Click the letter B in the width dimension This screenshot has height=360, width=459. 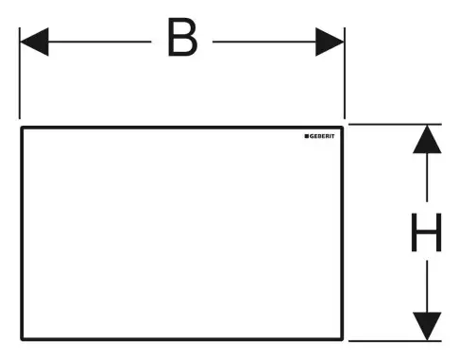coord(182,40)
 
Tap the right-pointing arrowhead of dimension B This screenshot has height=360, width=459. coord(330,41)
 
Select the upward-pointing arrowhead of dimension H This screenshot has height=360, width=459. coord(427,139)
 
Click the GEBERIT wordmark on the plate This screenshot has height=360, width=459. coord(327,138)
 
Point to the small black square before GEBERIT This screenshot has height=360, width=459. coord(307,138)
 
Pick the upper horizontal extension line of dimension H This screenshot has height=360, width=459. coord(397,124)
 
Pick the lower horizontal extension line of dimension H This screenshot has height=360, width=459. coord(397,339)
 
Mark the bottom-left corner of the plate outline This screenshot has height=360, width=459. coord(21,337)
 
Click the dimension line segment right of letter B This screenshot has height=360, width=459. coord(264,41)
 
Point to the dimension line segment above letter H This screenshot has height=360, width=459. coord(427,180)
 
